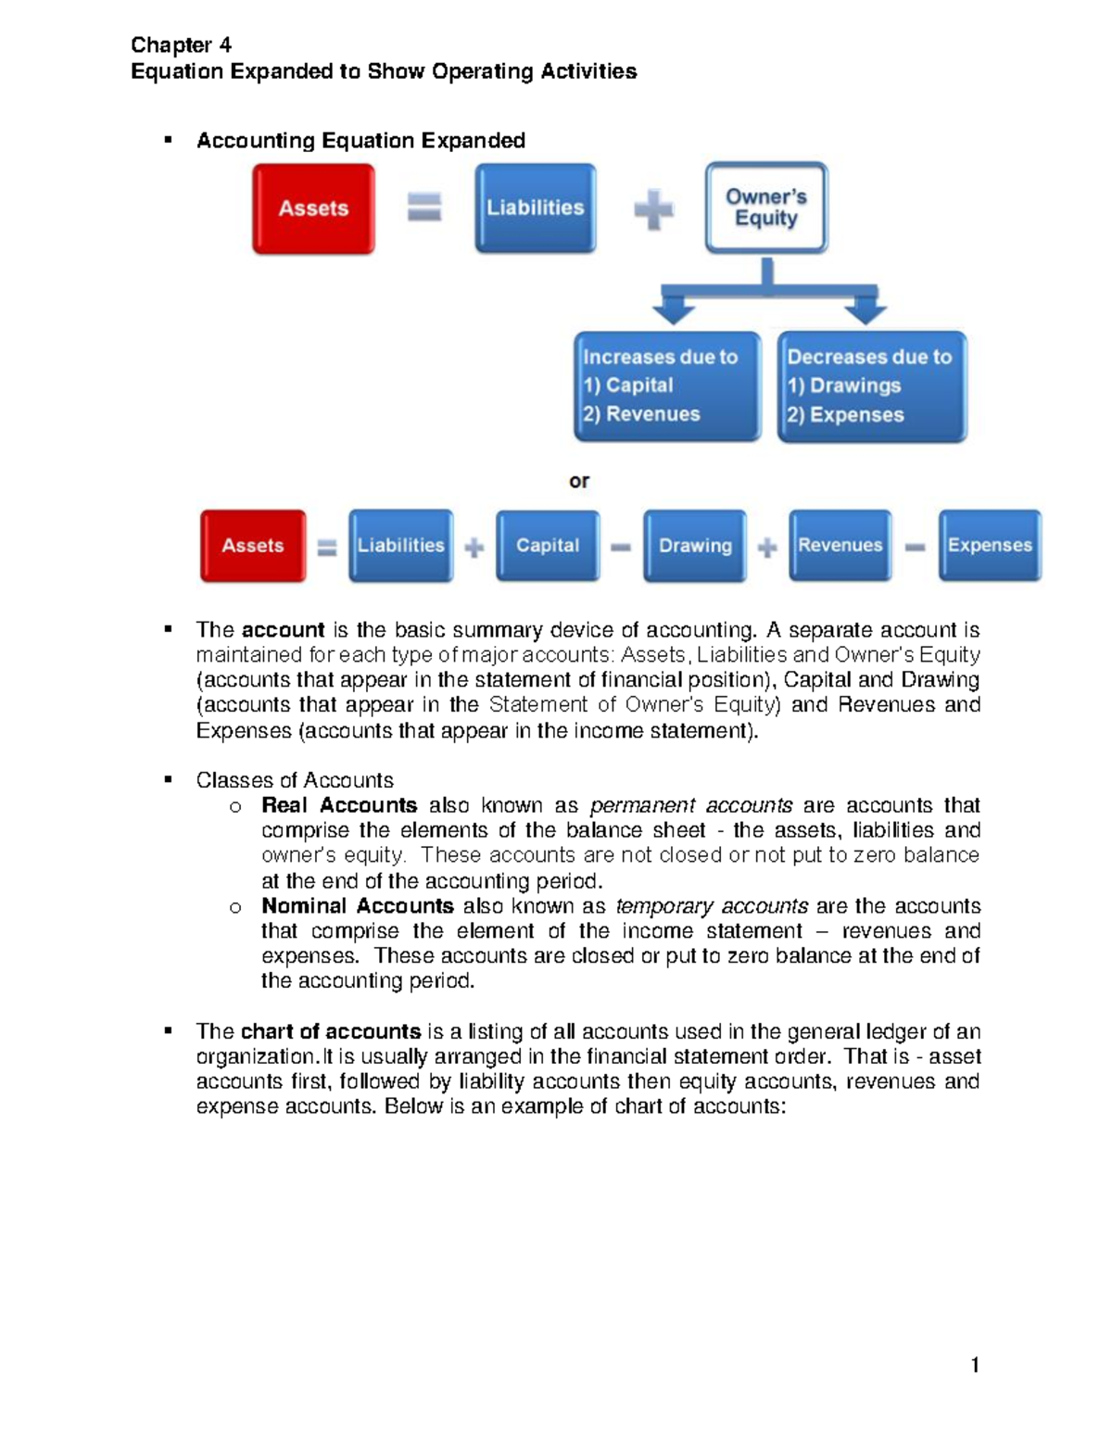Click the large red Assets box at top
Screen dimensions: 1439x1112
[313, 208]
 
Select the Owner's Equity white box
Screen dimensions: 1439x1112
[765, 208]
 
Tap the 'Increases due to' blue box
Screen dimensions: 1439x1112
[667, 385]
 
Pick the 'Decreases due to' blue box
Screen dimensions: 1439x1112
[871, 385]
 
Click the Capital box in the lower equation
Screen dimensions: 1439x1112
[547, 546]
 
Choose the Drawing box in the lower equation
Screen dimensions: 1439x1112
[695, 546]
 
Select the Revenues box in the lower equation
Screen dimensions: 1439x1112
[840, 546]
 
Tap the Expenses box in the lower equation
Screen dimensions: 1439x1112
[989, 546]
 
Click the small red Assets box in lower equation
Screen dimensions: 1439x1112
[253, 546]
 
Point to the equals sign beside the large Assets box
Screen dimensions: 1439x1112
[424, 207]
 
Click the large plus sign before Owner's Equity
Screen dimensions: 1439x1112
[653, 209]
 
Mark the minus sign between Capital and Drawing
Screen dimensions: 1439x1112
[621, 548]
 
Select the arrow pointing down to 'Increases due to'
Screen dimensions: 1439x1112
[674, 306]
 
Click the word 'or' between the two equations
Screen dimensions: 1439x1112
[579, 481]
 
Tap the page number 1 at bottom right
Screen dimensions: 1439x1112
[974, 1365]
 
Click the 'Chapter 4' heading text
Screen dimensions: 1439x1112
[181, 44]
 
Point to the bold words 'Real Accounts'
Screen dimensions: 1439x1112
[339, 805]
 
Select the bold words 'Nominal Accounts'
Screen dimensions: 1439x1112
[358, 905]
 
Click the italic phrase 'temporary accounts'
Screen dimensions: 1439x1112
[712, 905]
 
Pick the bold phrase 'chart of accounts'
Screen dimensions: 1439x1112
[331, 1031]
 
